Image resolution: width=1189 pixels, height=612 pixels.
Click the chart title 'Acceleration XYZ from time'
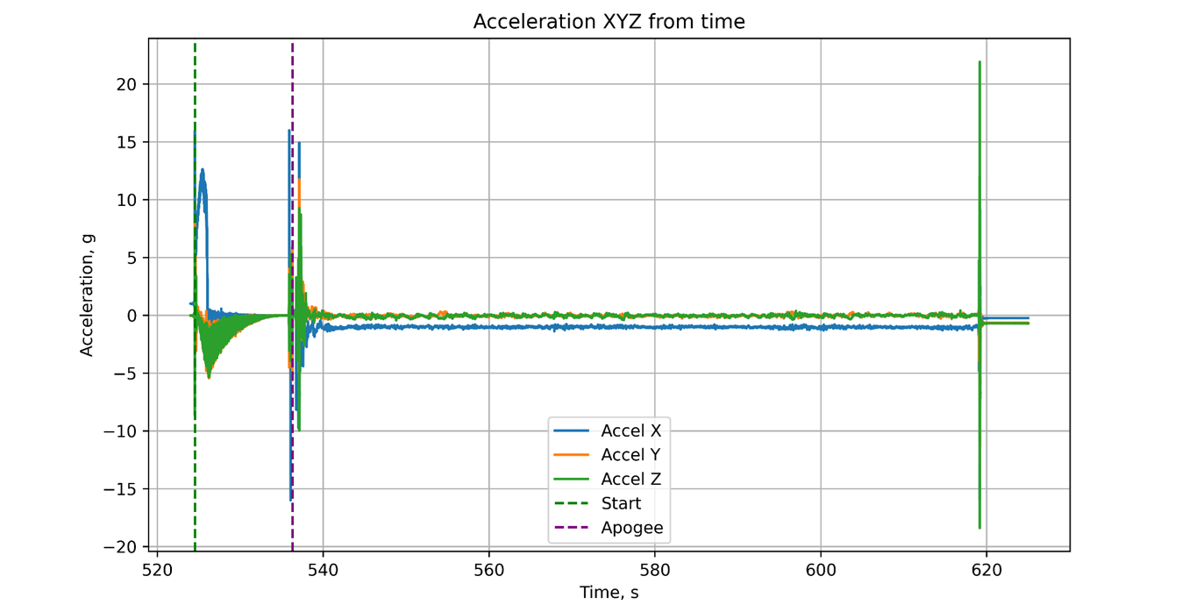(x=609, y=22)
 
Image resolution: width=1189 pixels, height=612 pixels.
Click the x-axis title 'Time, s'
(x=609, y=593)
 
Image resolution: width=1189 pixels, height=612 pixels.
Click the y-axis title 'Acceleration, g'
(x=87, y=295)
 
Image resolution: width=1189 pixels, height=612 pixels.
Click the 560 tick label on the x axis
(x=488, y=568)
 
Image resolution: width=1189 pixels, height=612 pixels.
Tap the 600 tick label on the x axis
(x=821, y=568)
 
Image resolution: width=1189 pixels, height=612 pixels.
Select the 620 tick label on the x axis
(x=986, y=568)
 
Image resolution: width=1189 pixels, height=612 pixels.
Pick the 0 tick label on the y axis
(x=133, y=316)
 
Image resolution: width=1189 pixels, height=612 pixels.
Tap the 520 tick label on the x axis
(x=157, y=568)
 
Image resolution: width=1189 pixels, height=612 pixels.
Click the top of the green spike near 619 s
(x=979, y=63)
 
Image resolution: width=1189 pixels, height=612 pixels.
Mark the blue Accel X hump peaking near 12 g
(x=203, y=172)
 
